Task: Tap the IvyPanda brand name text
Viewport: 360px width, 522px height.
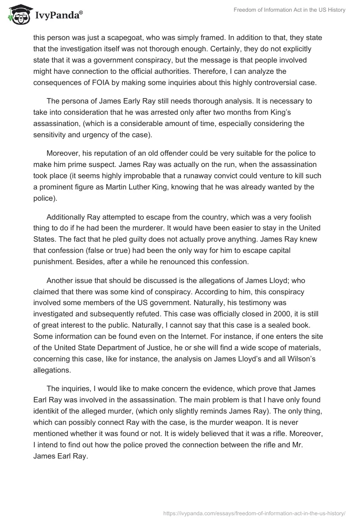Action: tap(59, 16)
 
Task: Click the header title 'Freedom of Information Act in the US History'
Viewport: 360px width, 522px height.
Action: tap(290, 10)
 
